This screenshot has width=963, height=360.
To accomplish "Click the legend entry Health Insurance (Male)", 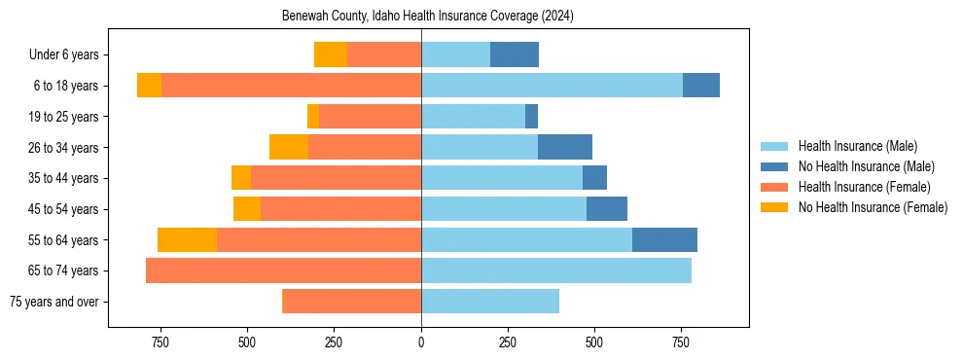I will (x=857, y=146).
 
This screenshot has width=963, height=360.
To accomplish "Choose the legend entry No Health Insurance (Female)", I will (x=873, y=207).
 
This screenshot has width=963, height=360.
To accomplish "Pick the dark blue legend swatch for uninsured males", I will (x=774, y=166).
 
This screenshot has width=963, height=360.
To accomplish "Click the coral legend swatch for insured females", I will (x=774, y=187).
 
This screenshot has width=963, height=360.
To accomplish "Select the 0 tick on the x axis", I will (x=421, y=342).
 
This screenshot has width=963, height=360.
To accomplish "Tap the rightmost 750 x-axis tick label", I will (x=681, y=342).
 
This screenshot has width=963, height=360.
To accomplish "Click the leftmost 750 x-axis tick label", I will (x=160, y=342).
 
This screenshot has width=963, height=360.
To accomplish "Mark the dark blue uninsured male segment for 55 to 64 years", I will (x=664, y=239).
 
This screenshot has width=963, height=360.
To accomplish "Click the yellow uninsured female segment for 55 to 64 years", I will (x=187, y=239).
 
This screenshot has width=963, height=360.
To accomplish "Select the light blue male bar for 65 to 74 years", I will (x=556, y=270).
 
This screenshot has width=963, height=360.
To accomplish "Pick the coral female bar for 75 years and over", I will (x=351, y=302).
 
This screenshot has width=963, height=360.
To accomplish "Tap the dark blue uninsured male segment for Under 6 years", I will (x=515, y=55).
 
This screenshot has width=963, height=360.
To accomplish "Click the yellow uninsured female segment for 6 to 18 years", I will (x=149, y=86).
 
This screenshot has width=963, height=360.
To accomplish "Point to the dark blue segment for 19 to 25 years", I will (x=531, y=117).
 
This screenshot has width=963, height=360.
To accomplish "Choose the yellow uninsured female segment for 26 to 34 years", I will (x=289, y=148).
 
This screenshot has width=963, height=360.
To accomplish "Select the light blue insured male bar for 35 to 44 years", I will (x=502, y=178).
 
